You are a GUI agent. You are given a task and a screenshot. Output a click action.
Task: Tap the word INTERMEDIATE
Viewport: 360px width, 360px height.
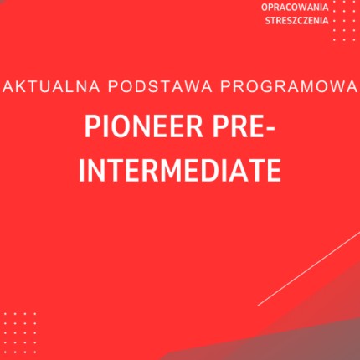pos(180,171)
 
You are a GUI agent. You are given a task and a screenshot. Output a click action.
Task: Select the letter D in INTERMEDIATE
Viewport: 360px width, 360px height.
pos(201,171)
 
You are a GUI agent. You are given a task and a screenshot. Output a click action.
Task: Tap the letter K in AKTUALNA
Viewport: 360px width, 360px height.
pos(19,86)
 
